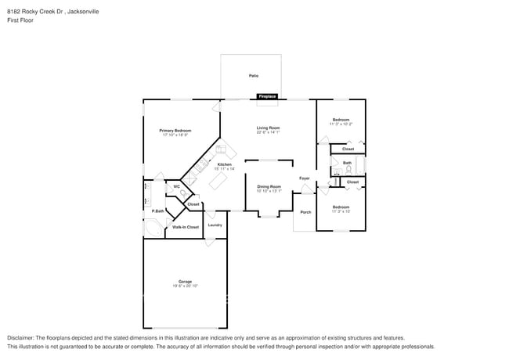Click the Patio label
click(x=253, y=76)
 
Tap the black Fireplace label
click(x=267, y=96)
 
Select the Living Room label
click(x=268, y=128)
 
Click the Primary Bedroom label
click(x=175, y=131)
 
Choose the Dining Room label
click(x=269, y=186)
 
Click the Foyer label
click(x=305, y=178)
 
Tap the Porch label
click(x=305, y=212)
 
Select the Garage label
click(x=184, y=281)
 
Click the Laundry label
click(x=215, y=225)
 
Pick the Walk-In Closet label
click(x=186, y=227)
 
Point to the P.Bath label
click(x=157, y=211)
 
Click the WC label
click(x=176, y=186)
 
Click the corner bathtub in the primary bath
click(x=153, y=228)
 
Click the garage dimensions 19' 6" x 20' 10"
click(x=184, y=286)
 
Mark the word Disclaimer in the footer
click(x=21, y=337)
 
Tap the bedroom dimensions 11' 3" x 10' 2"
click(x=341, y=124)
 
